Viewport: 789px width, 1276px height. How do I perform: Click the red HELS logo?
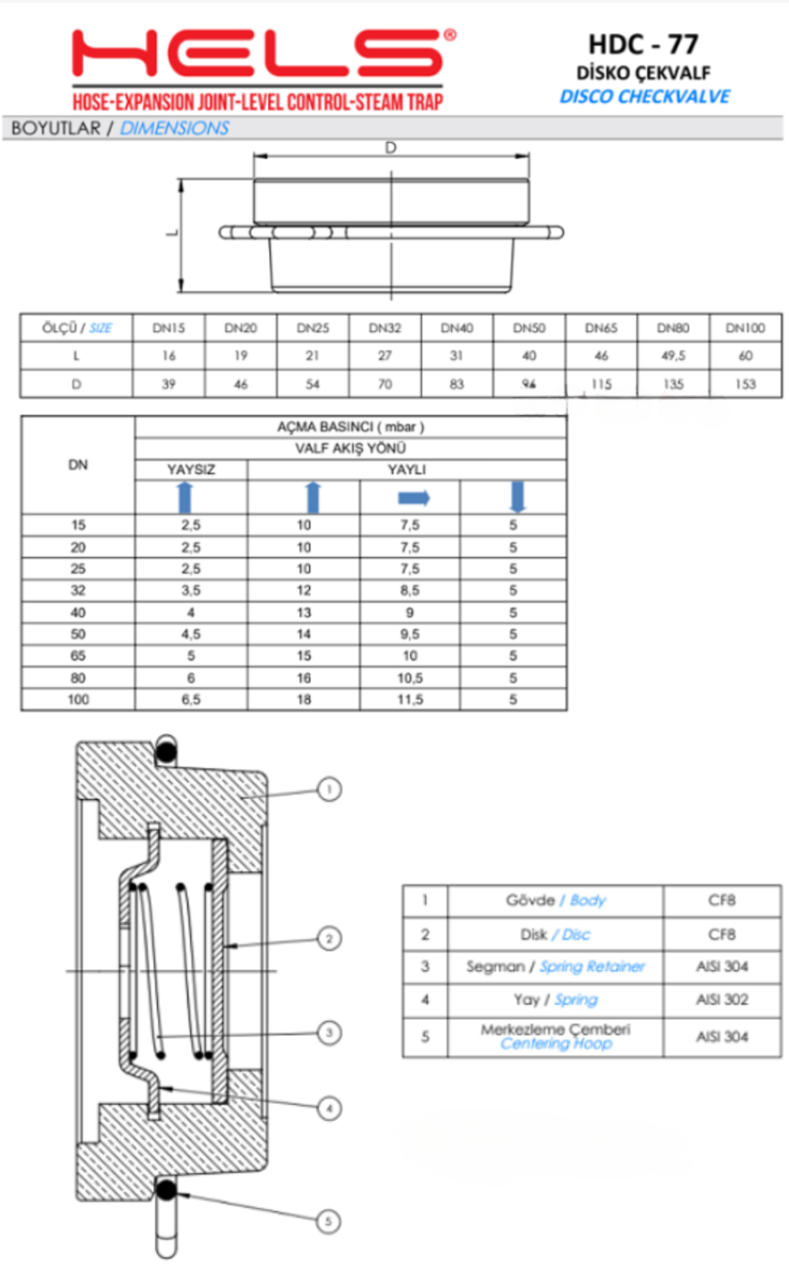[257, 53]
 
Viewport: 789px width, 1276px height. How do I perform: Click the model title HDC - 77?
[644, 44]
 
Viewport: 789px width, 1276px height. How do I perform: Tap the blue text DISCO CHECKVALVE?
[644, 96]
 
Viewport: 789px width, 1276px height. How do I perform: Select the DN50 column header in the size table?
[529, 328]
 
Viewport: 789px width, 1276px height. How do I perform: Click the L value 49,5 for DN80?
[673, 356]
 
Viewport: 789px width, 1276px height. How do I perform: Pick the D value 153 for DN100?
[745, 384]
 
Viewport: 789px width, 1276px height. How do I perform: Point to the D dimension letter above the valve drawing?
[390, 148]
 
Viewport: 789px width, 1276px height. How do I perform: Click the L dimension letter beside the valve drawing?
[172, 233]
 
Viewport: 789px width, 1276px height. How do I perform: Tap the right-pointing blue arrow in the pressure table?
[414, 498]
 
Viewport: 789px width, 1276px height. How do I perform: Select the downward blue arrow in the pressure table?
[517, 497]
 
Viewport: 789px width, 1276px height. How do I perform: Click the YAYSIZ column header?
[191, 469]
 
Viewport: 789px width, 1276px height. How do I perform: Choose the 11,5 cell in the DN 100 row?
[409, 699]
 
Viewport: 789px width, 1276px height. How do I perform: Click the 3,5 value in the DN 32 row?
[191, 591]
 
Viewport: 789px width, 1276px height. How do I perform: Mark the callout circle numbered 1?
[330, 788]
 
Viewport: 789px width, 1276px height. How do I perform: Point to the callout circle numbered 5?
[328, 1221]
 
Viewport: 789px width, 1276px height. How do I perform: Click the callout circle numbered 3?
[330, 1033]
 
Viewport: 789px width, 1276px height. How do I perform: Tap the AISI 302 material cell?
[722, 999]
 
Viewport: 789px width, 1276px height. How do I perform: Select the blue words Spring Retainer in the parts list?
[591, 966]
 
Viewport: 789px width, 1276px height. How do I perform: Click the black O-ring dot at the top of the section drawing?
[167, 753]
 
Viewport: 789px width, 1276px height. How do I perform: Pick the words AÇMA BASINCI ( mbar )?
[350, 426]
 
